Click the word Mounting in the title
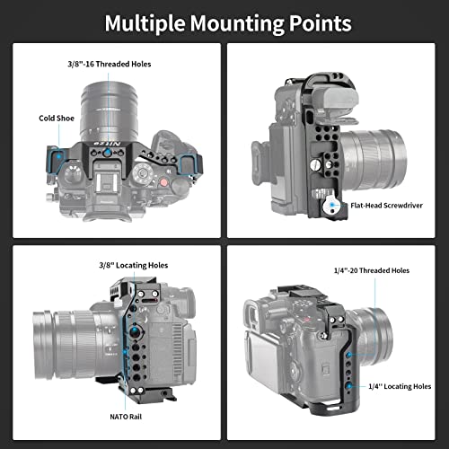pyautogui.click(x=236, y=24)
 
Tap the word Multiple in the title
pyautogui.click(x=145, y=24)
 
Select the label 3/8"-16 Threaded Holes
pyautogui.click(x=110, y=64)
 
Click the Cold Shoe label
pyautogui.click(x=57, y=119)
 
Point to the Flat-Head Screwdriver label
pyautogui.click(x=386, y=206)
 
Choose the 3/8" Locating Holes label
pyautogui.click(x=134, y=265)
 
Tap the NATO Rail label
pyautogui.click(x=126, y=417)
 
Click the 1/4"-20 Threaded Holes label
pyautogui.click(x=372, y=270)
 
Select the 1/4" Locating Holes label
pyautogui.click(x=400, y=386)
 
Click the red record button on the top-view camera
pyautogui.click(x=163, y=182)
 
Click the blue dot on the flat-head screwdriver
pyautogui.click(x=332, y=205)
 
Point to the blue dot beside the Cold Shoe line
pyautogui.click(x=59, y=155)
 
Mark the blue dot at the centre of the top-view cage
pyautogui.click(x=107, y=153)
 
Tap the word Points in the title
pyautogui.click(x=320, y=24)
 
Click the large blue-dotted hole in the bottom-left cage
pyautogui.click(x=135, y=331)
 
